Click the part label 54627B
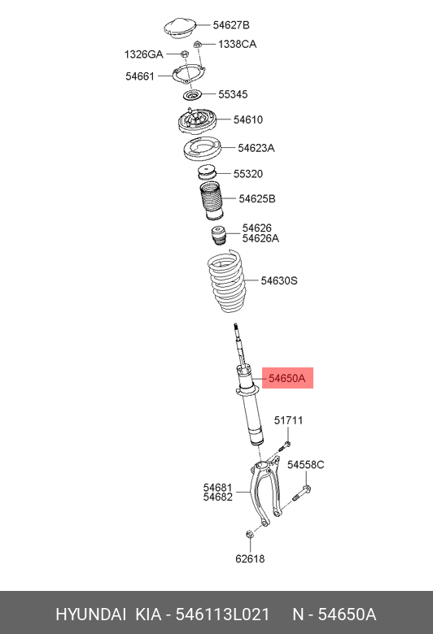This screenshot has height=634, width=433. point(231,25)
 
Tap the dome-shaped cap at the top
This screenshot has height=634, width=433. point(180,28)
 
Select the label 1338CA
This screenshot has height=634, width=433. point(238,44)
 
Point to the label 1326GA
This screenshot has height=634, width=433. point(144,54)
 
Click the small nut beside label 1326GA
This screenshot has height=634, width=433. point(184,54)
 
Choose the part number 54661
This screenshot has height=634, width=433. point(140,76)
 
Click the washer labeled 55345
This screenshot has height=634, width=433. point(192,95)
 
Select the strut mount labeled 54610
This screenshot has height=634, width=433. point(198,121)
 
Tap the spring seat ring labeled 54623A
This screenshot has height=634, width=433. point(202,149)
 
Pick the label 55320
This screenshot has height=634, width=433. point(248,174)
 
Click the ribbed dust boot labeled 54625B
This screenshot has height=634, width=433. point(211,201)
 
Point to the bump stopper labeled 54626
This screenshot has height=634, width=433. point(219,236)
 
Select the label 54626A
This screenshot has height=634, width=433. point(260,238)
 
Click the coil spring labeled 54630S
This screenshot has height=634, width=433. point(226,281)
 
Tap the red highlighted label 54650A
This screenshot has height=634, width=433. point(287,379)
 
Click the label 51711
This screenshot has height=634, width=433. point(288,420)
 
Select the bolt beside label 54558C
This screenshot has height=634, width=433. point(301,493)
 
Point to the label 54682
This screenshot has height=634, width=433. point(218,497)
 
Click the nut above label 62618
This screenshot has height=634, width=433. point(250,535)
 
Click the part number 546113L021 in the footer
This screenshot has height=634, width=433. point(222,614)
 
